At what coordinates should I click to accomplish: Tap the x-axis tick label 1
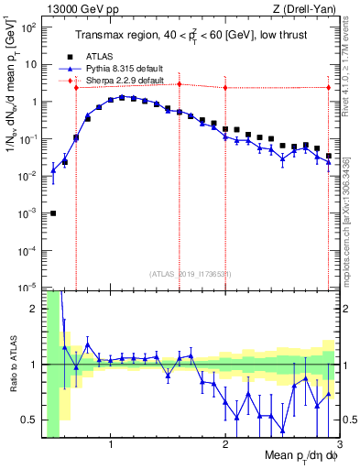(111, 445)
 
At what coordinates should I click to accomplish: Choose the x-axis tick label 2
(225, 445)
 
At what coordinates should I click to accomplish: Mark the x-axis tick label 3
(338, 445)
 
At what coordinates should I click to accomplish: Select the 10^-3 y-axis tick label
(28, 213)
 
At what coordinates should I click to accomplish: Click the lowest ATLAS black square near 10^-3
(53, 213)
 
